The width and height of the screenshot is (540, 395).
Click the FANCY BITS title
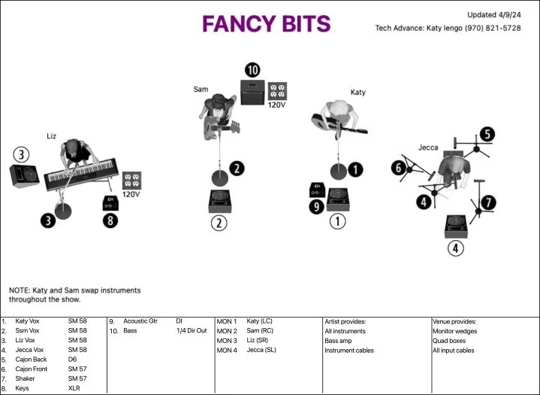266,24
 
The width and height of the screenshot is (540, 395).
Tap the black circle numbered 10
252,70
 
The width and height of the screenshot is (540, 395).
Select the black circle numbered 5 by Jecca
487,135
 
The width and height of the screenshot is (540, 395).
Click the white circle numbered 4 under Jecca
456,247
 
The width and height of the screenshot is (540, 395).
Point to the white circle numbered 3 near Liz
22,154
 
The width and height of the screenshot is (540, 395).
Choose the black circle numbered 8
110,221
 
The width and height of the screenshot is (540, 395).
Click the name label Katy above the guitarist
357,93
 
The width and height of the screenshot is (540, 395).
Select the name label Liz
51,136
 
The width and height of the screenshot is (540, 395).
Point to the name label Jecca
428,147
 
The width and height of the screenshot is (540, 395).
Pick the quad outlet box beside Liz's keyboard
131,180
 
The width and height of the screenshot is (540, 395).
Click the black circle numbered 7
488,202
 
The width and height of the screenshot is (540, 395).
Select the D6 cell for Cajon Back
72,360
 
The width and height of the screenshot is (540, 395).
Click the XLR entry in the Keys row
74,388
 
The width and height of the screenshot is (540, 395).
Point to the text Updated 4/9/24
493,15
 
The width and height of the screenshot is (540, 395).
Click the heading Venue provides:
454,321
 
